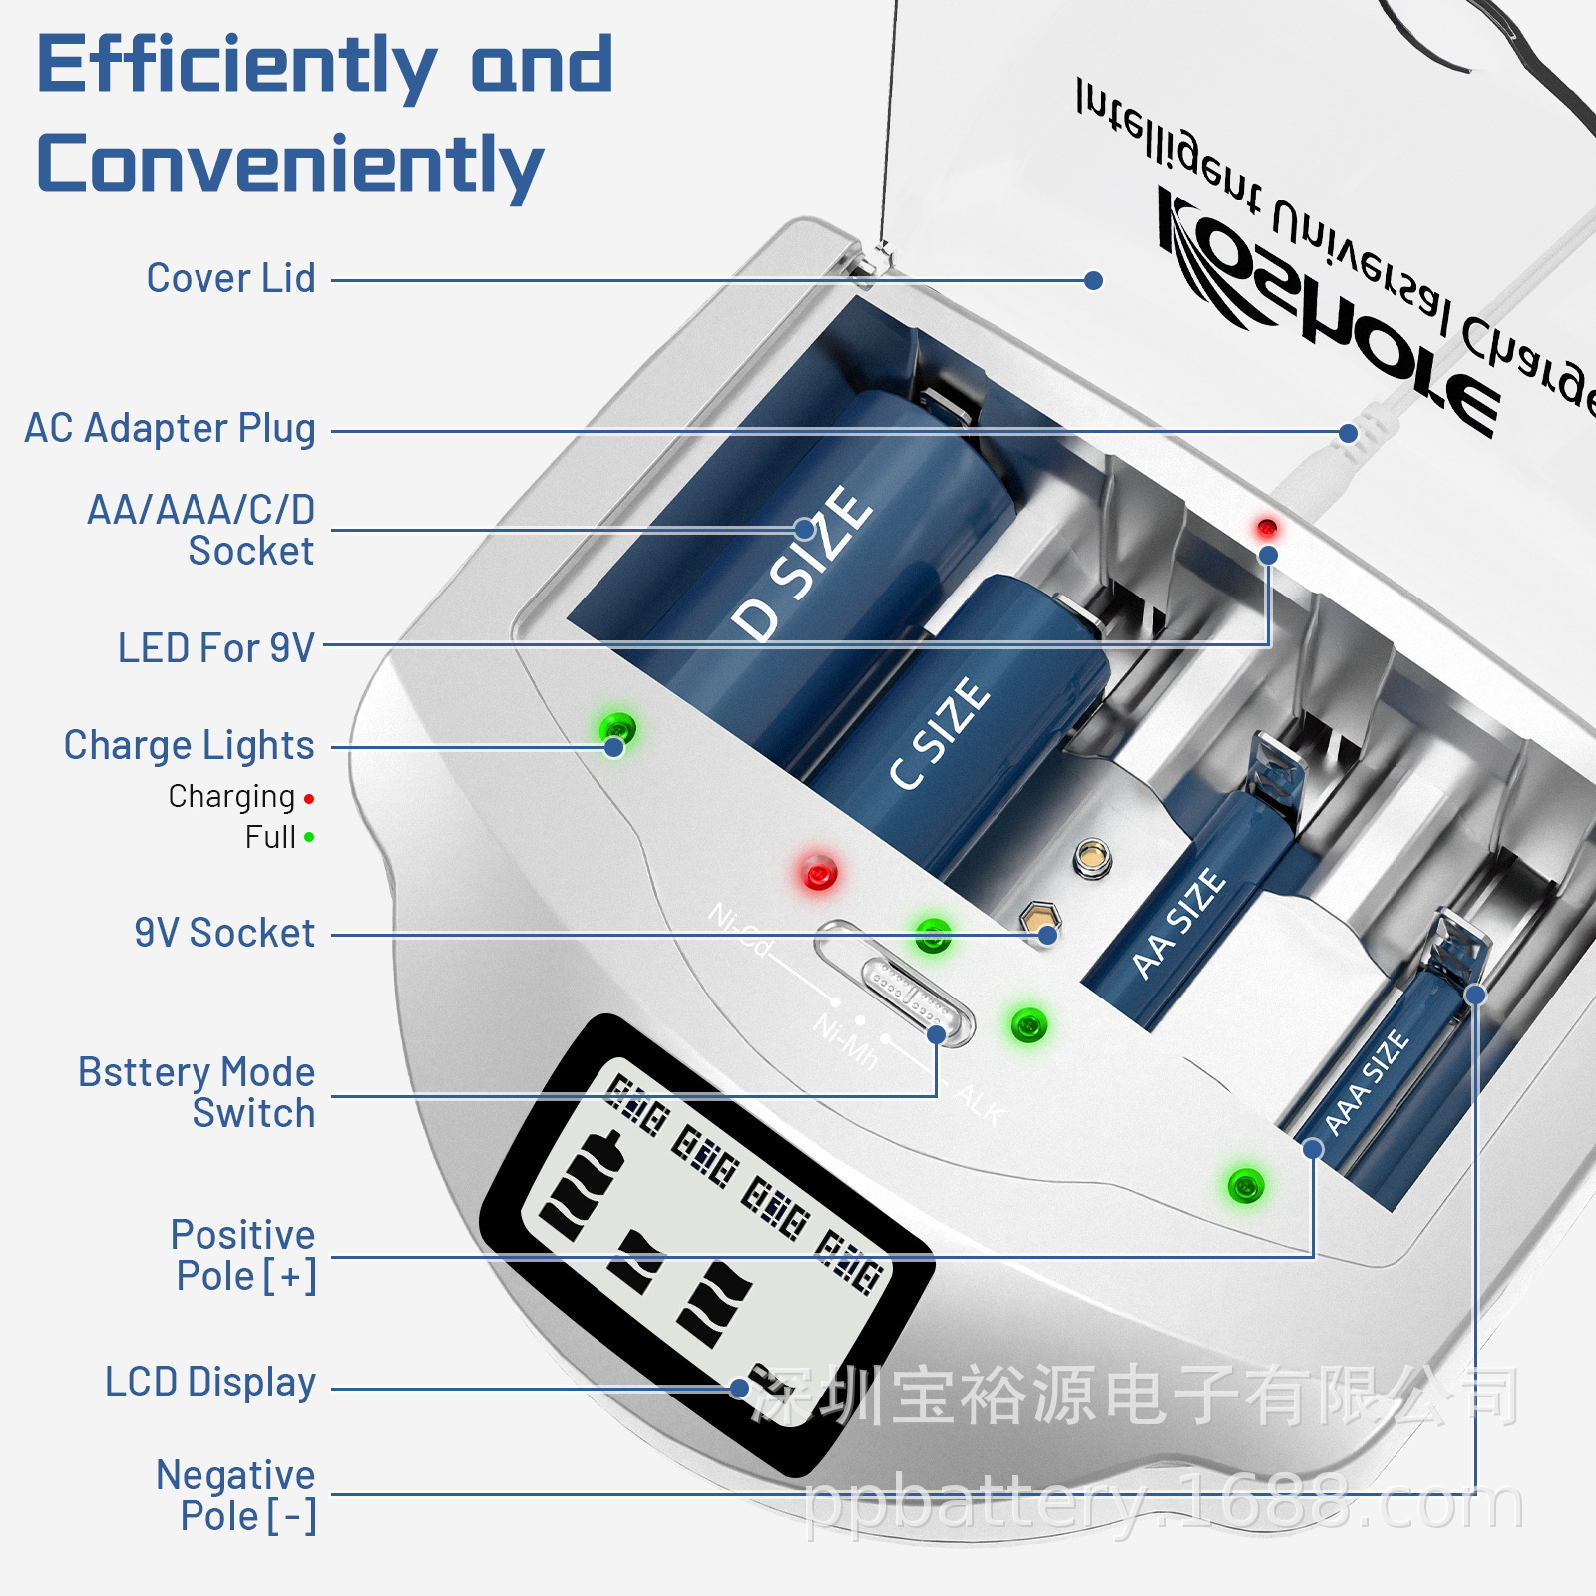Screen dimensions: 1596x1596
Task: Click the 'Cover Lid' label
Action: pos(230,278)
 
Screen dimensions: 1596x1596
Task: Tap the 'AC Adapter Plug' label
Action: pos(170,428)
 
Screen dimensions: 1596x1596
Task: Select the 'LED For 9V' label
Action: pos(215,648)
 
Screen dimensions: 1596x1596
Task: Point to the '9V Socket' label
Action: pos(224,933)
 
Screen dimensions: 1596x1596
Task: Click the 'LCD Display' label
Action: pos(210,1383)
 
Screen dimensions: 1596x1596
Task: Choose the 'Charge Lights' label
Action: pos(189,745)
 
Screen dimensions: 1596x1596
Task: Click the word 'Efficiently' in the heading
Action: pos(236,66)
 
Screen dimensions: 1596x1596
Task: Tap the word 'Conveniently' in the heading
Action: pos(290,165)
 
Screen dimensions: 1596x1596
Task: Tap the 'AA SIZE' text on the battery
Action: pos(1178,923)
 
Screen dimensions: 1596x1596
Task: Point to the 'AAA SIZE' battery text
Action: pos(1367,1083)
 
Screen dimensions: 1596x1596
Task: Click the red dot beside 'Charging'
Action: pos(309,799)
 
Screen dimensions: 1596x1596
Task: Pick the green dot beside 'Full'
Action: pos(309,838)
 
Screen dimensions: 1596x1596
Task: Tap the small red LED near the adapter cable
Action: pos(1267,527)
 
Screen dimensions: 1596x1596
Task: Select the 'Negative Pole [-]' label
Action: pos(236,1495)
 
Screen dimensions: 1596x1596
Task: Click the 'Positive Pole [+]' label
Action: pos(243,1255)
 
